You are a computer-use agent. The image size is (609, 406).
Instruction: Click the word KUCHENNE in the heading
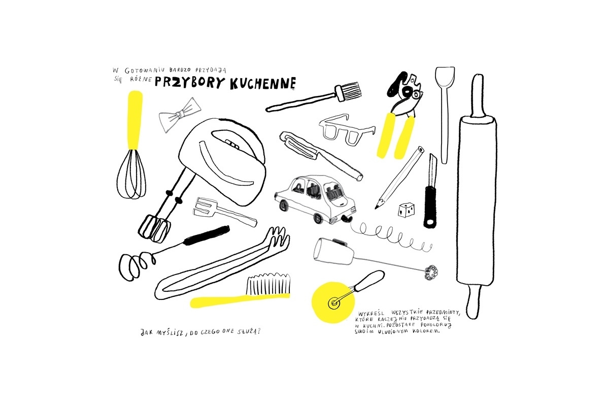(x=263, y=83)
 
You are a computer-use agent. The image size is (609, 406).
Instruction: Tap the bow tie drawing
(x=180, y=115)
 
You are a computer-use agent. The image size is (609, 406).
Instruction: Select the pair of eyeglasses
(x=347, y=130)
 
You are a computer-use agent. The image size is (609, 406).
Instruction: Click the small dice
(x=406, y=210)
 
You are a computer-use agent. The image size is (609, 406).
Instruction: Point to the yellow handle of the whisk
(x=135, y=120)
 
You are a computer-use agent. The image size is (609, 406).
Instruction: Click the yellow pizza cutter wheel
(x=333, y=302)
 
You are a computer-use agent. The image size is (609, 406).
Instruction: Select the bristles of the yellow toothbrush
(x=268, y=284)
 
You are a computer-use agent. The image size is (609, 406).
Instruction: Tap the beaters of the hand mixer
(x=154, y=228)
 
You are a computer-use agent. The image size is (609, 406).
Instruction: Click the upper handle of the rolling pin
(x=478, y=95)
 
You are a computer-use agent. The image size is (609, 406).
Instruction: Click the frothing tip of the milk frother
(x=431, y=272)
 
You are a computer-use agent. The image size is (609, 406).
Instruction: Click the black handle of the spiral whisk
(x=207, y=235)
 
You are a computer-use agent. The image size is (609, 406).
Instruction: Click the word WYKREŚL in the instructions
(x=371, y=313)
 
